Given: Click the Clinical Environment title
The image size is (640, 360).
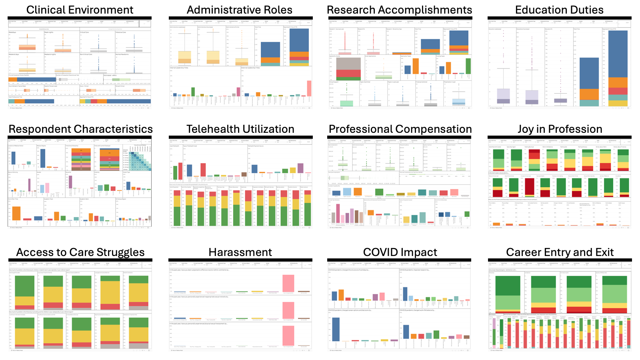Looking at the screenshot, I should (80, 10).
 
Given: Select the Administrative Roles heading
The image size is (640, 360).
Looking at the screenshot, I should (240, 10).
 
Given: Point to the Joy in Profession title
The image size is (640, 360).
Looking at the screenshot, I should (560, 129).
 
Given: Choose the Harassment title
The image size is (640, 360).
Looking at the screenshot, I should (240, 252).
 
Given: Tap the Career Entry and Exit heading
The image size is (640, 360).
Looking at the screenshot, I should (560, 252).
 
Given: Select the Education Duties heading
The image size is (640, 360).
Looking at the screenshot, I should (559, 10).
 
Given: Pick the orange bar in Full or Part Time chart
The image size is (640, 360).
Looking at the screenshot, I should (16, 213).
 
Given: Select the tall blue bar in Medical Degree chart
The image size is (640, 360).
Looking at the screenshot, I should (43, 158).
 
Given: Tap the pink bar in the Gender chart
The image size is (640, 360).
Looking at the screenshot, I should (47, 188).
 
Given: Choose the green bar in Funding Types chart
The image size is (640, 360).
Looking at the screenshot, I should (468, 66).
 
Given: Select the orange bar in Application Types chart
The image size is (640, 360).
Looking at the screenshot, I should (416, 66).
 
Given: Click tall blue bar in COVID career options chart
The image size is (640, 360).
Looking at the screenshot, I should (336, 329).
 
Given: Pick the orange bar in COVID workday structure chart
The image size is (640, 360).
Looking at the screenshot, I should (341, 295).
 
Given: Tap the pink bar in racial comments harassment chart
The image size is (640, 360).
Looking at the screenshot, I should (288, 283).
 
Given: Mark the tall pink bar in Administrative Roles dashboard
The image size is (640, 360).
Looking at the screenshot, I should (309, 88).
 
